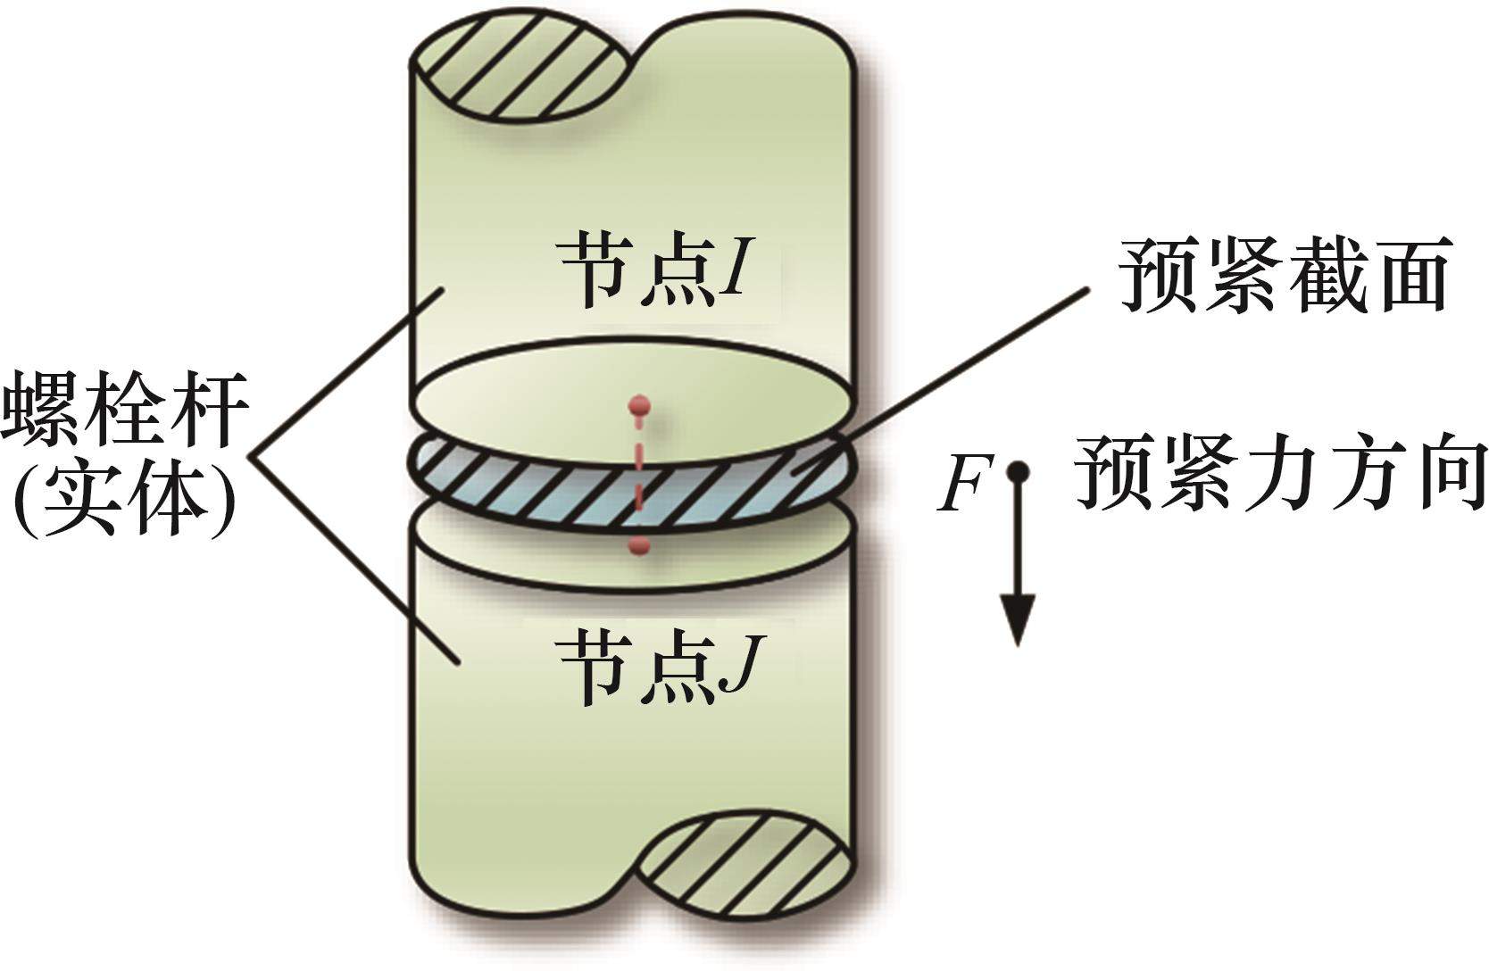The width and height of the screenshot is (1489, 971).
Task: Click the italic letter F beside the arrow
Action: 961,486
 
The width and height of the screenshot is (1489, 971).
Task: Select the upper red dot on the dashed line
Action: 636,406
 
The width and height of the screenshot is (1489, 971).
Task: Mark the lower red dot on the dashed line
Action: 637,546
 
